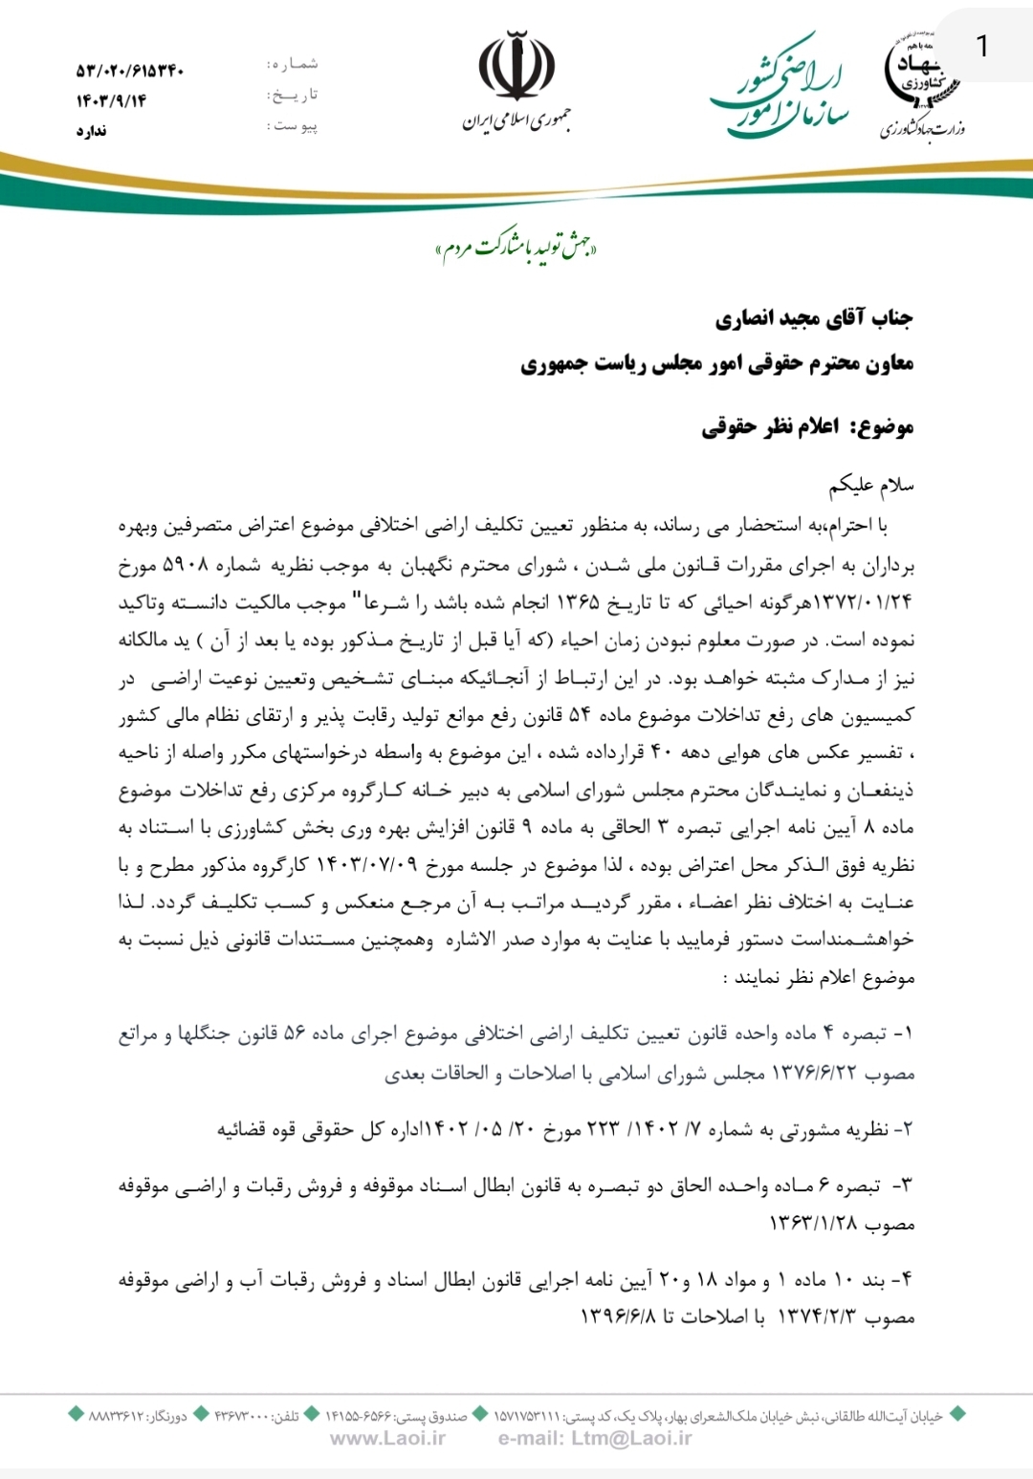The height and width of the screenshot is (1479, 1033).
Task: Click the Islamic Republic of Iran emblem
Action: pos(516,67)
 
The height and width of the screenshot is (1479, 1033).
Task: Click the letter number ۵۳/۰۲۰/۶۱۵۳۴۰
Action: pos(130,70)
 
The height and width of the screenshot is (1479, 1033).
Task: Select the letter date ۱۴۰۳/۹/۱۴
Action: pos(112,100)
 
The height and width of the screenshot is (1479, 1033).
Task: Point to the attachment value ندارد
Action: pos(92,131)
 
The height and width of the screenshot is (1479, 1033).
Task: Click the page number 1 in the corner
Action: pos(981,45)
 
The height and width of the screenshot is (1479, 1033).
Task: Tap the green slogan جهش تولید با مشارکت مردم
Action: pos(516,249)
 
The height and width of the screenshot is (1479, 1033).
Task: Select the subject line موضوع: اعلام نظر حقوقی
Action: pos(807,426)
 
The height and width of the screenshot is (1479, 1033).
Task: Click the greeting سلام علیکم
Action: pos(870,486)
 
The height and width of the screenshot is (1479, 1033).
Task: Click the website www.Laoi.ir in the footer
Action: pos(387,1438)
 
